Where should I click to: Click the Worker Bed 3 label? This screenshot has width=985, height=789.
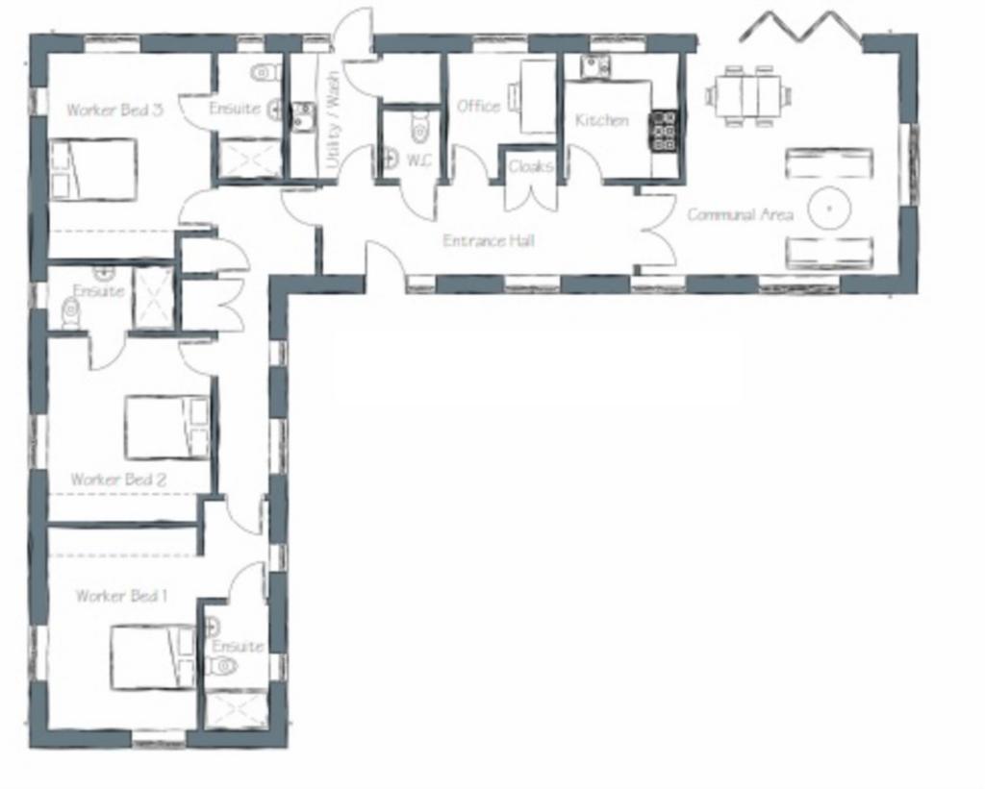pos(114,110)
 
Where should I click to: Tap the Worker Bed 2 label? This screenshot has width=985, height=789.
pos(118,480)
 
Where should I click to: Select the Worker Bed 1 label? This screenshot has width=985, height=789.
pos(121,595)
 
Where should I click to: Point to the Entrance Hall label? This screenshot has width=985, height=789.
pos(488,240)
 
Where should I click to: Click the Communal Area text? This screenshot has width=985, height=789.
pos(740,214)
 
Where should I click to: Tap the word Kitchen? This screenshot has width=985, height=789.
pos(602,120)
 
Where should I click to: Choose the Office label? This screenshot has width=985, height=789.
pos(478,106)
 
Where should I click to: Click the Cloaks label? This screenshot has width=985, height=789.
pos(531,166)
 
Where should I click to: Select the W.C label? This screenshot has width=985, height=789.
pos(419,160)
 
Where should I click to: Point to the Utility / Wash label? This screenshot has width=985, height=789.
pos(333,118)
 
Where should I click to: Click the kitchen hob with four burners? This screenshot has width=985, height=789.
pos(665,132)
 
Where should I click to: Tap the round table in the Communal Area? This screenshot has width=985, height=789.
pos(828,208)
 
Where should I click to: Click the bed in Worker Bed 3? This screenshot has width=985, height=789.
pos(93,169)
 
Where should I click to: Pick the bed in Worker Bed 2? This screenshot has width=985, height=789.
pos(167,427)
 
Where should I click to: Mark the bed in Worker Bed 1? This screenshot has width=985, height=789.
pos(154,656)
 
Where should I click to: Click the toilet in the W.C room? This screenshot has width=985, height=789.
pos(418,128)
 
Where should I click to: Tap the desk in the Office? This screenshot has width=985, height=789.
pos(537,96)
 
